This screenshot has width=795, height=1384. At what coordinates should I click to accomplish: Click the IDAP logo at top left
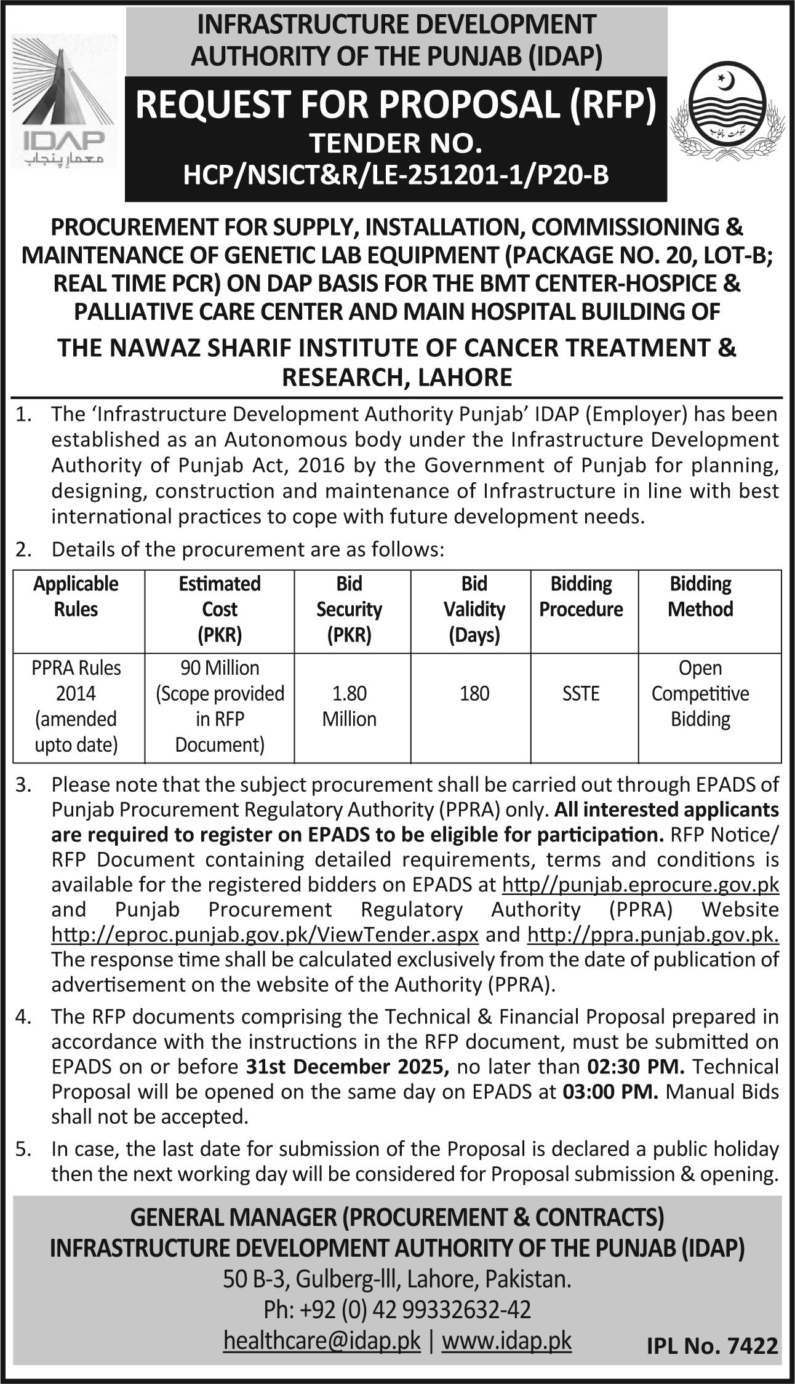(62, 101)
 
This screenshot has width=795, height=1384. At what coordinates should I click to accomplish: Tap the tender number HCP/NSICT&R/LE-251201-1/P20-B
(396, 175)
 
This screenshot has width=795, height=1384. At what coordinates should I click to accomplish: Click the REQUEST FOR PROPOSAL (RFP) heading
(396, 104)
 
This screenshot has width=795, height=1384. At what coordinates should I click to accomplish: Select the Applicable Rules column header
(76, 596)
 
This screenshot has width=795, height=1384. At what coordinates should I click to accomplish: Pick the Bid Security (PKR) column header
(349, 609)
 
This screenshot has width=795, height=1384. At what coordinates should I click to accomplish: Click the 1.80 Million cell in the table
(349, 706)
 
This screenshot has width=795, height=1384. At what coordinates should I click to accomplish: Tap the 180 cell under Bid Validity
(474, 693)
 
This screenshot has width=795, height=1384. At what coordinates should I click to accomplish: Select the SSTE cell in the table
(580, 693)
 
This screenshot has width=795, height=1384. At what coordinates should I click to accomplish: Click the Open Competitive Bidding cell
(700, 693)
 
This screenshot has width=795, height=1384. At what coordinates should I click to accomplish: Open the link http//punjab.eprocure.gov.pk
(641, 885)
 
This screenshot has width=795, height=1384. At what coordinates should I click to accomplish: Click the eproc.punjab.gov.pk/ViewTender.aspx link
(265, 935)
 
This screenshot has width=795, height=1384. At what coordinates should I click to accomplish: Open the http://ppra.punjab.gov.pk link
(653, 935)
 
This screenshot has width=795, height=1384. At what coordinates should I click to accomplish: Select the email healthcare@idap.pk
(322, 1341)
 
